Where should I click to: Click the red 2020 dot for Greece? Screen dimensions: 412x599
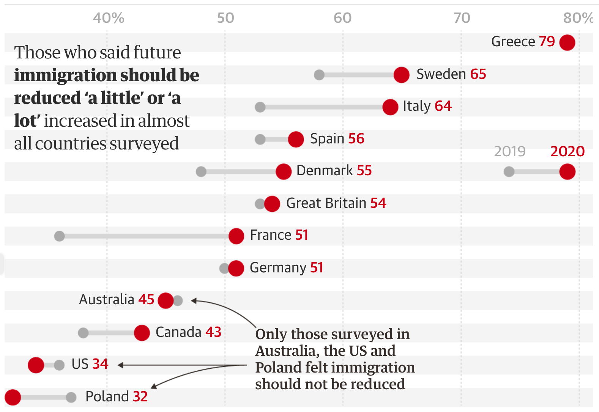[567, 42]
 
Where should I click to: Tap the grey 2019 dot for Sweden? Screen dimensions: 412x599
[319, 75]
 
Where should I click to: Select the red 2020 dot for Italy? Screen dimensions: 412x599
[390, 107]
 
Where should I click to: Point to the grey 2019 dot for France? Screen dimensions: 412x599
[59, 236]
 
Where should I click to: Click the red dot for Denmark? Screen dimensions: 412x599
[284, 171]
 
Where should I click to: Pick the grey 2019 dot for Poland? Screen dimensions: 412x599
[71, 397]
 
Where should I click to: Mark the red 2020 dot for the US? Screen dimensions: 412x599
[36, 365]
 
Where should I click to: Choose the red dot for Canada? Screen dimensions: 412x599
[142, 333]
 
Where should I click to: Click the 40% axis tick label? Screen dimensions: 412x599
[109, 18]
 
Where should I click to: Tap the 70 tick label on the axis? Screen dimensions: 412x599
[462, 18]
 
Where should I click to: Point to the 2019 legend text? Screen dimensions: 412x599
[509, 151]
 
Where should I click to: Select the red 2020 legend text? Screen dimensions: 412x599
[567, 151]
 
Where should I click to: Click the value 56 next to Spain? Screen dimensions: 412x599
[356, 138]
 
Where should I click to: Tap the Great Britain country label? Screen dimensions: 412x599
[326, 203]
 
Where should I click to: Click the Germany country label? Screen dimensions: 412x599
[278, 267]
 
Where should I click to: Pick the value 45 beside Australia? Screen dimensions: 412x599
[146, 299]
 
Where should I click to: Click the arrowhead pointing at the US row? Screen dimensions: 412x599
[120, 365]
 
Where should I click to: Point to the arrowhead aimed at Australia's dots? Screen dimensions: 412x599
[194, 301]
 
